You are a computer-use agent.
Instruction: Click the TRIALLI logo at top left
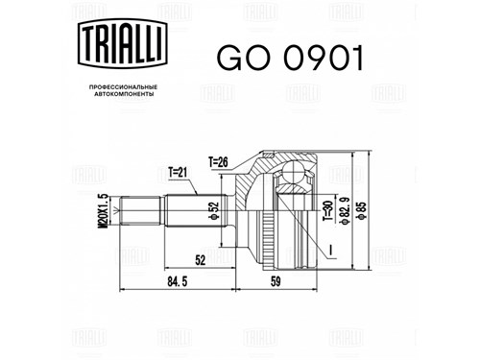[123, 43]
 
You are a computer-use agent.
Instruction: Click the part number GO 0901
[291, 58]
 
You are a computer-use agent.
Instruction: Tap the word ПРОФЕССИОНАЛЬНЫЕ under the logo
[123, 87]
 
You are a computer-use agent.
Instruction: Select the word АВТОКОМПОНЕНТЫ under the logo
[123, 94]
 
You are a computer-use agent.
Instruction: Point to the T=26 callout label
[218, 162]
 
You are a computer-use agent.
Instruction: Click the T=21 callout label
[178, 173]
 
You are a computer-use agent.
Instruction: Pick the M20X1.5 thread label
[102, 211]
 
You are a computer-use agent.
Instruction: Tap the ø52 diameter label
[214, 211]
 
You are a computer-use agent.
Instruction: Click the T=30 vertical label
[328, 211]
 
